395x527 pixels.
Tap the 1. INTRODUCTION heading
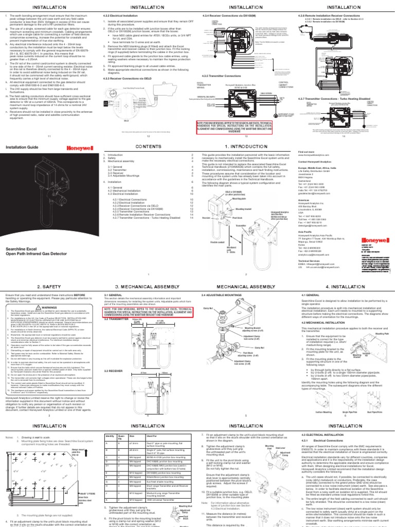(x=246, y=147)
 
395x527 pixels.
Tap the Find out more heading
(x=306, y=152)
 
